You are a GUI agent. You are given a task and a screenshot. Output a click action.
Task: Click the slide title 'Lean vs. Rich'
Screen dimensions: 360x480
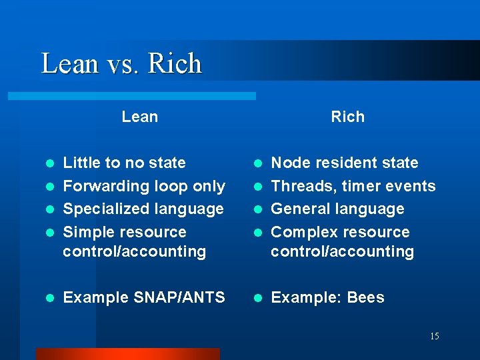click(x=121, y=64)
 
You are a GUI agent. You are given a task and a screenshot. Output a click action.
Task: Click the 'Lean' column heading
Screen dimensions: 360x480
click(x=140, y=117)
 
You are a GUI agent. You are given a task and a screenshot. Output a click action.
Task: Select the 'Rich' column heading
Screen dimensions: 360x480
click(x=348, y=117)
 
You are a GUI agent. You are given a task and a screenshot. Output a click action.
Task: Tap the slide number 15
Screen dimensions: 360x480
click(x=434, y=337)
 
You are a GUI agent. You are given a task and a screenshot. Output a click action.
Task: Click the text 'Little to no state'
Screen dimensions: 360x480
click(x=124, y=163)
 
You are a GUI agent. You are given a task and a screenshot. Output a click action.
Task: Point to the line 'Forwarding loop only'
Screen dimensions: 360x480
click(x=144, y=186)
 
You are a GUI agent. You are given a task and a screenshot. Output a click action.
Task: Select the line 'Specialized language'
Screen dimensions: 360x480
click(x=143, y=209)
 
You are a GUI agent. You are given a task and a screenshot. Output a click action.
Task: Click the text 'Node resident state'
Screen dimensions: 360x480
click(x=345, y=163)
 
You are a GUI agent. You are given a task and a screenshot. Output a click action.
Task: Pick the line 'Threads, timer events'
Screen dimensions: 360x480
click(x=353, y=186)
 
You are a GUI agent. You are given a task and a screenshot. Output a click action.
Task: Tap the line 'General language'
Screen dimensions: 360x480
click(x=337, y=209)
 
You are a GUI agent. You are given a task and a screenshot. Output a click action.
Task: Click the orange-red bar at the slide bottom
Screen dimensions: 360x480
click(x=127, y=354)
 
